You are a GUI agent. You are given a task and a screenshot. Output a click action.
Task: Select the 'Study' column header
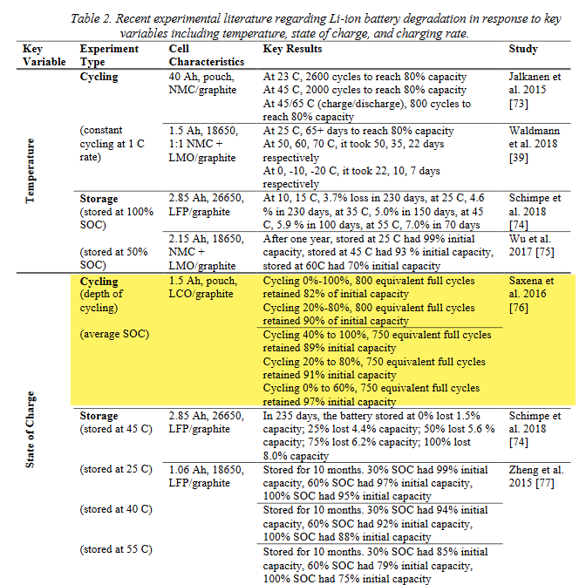point(523,50)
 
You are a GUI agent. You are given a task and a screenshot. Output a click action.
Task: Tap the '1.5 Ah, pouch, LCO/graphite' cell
point(202,288)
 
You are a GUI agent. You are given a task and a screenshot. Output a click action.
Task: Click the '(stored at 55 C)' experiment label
point(116,549)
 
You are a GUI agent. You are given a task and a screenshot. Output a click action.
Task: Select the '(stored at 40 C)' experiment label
point(116,509)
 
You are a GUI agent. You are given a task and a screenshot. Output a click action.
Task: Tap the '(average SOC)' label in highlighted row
point(113,334)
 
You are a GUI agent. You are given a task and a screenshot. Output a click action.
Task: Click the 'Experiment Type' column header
point(109,56)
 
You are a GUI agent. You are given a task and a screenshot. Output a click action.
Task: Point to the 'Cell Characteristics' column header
point(206,56)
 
